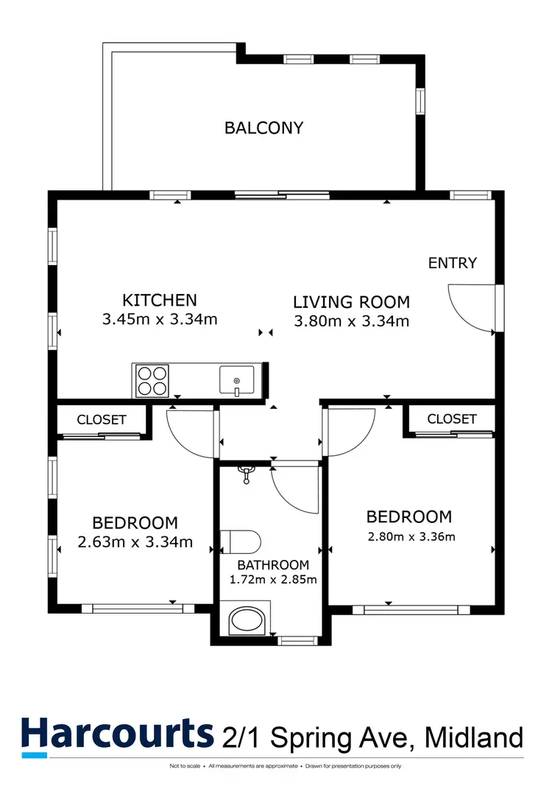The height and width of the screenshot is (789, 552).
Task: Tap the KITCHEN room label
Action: pos(160,300)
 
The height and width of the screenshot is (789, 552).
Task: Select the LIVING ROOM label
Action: pos(351,301)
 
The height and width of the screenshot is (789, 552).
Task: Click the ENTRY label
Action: pos(453,263)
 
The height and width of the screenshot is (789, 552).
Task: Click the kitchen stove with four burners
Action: pos(152,381)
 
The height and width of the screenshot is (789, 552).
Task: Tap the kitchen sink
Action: pos(236,381)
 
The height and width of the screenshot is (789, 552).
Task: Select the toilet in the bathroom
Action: pos(241,541)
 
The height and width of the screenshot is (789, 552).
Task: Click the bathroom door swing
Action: pos(294,488)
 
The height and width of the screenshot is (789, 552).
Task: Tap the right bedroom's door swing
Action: pos(349,432)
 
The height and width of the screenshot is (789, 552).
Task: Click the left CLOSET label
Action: pos(102,419)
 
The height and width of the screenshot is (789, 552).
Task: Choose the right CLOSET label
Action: pos(451,418)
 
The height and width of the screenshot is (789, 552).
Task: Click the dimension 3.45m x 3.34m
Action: pos(160,320)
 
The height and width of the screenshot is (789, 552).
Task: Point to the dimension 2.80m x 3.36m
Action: pos(411,536)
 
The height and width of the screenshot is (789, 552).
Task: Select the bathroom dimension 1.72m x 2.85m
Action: pos(273,579)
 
